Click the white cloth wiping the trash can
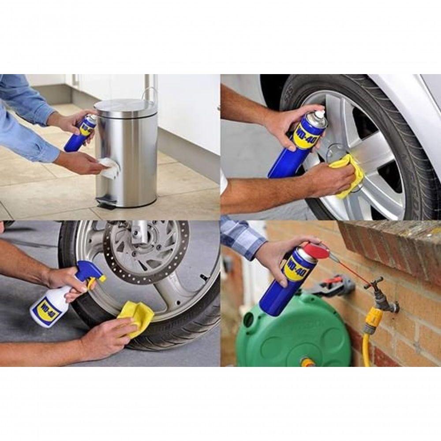pyautogui.click(x=109, y=168)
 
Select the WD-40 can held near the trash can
pyautogui.click(x=80, y=133)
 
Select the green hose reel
pyautogui.click(x=291, y=335)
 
